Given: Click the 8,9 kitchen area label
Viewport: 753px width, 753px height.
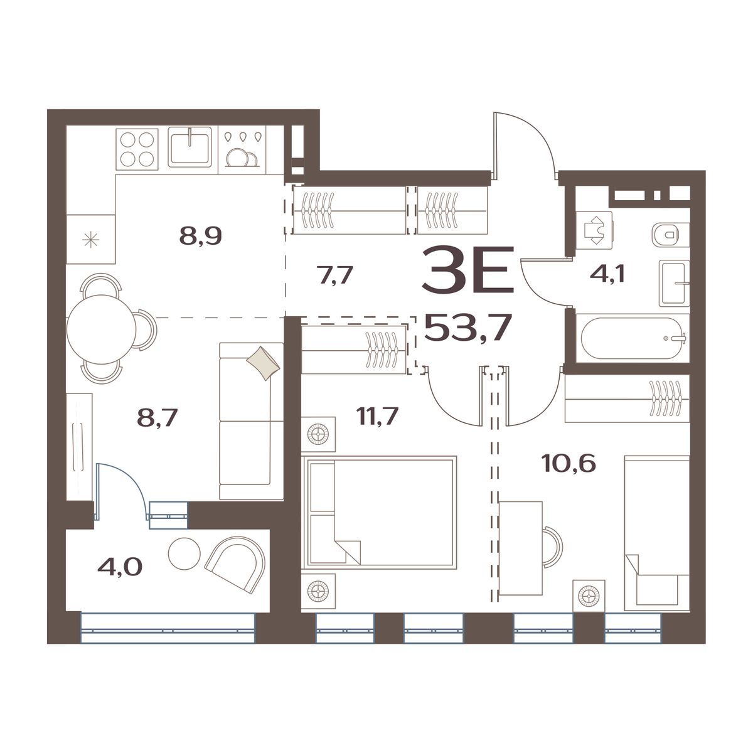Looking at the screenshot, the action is point(200,236).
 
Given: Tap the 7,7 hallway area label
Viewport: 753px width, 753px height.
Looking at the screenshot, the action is point(336,275).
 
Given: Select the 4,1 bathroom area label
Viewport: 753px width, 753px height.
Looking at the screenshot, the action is point(607,274).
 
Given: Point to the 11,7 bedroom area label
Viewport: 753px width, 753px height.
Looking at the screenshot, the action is point(377,416).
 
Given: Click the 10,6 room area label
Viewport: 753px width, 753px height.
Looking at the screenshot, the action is point(569,464).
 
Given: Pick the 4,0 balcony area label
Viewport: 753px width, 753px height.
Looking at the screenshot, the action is point(120,567).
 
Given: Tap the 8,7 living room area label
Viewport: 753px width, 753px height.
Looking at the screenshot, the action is point(157,418).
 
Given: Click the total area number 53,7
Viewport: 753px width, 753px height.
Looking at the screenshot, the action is point(467,328).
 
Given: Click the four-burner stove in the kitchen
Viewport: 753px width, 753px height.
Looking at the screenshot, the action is point(137,150).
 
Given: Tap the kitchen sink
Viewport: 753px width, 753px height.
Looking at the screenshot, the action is point(190,147).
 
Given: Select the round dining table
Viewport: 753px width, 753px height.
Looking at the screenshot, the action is point(101,329).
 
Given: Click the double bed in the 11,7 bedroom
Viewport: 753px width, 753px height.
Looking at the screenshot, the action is point(379,512).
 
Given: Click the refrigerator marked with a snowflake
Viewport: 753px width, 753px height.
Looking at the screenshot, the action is point(90,238).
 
